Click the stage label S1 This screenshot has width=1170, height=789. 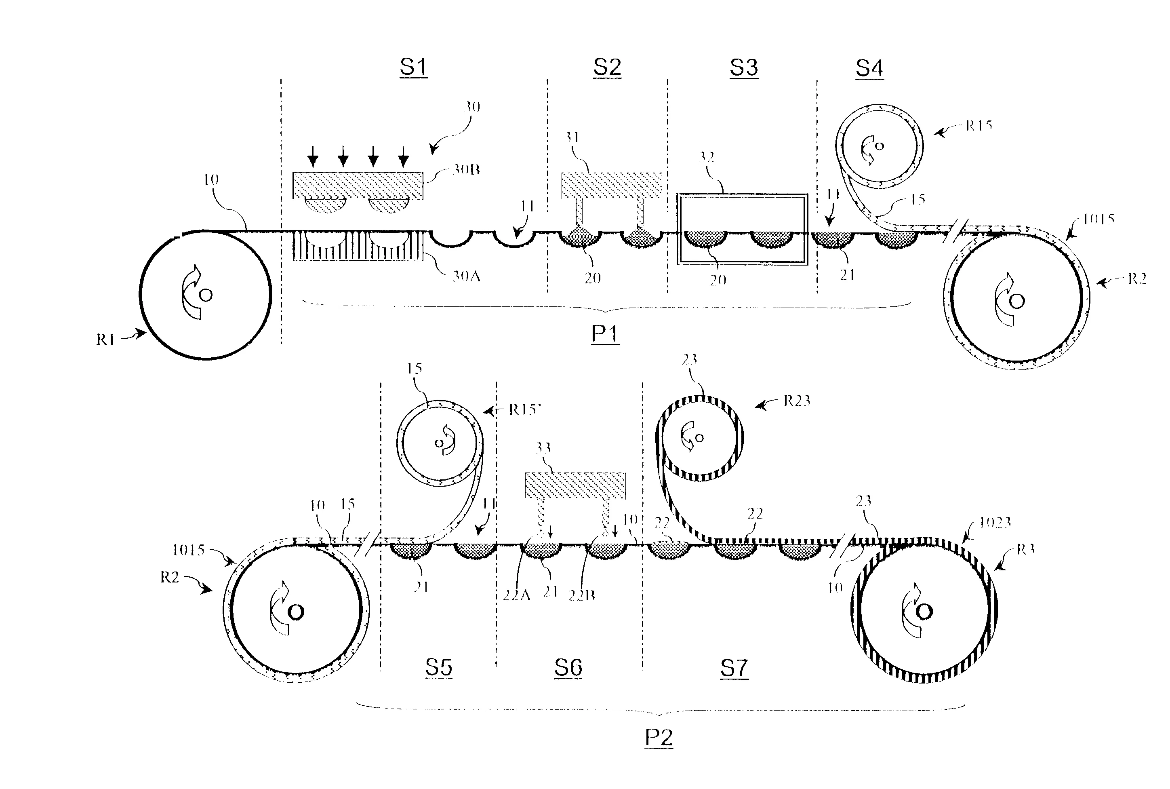point(413,67)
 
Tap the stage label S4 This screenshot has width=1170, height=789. point(869,68)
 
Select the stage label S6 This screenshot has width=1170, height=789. point(568,667)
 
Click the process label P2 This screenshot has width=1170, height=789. point(659,737)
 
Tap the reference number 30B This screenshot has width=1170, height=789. point(466,170)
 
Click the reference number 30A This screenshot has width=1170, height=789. point(466,276)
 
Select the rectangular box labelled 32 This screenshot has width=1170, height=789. point(742,228)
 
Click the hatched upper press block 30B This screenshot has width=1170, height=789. point(358,186)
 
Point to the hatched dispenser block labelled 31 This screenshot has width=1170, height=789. point(611,185)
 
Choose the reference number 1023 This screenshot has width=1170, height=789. point(995,523)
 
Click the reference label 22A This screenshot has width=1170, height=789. point(516,596)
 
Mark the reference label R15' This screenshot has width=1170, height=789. point(524,409)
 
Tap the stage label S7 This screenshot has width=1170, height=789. point(734,668)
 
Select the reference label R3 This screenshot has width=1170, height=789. point(1025,549)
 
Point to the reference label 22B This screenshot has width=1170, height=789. point(581,596)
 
